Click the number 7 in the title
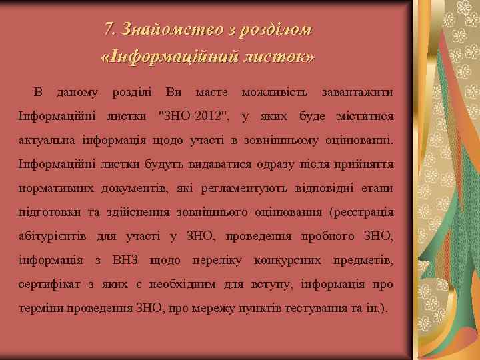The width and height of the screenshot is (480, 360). coord(109,30)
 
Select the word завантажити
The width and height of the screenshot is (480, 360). coord(357,91)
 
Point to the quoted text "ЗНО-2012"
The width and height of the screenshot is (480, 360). coord(194,117)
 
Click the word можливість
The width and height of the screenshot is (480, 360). coord(275,91)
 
